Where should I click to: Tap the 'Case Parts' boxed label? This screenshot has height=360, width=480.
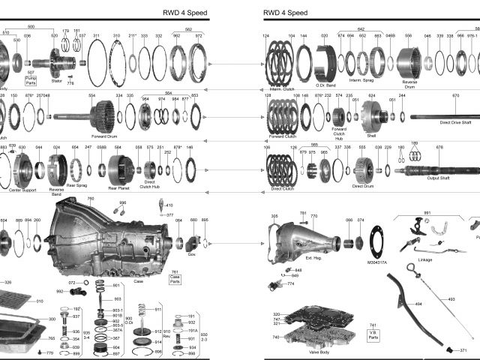[x=175, y=277]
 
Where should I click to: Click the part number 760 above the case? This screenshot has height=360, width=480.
[x=91, y=199]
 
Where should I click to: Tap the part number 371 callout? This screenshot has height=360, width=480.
[x=463, y=350]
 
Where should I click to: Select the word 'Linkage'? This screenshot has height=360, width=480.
[x=424, y=260]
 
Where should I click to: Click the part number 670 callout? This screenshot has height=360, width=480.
[x=455, y=96]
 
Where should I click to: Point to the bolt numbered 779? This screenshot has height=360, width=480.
[x=49, y=352]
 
